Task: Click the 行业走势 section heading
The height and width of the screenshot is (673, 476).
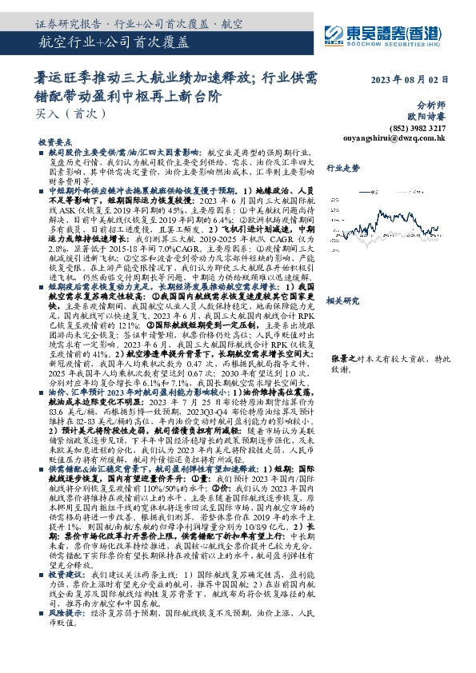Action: click(343, 169)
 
